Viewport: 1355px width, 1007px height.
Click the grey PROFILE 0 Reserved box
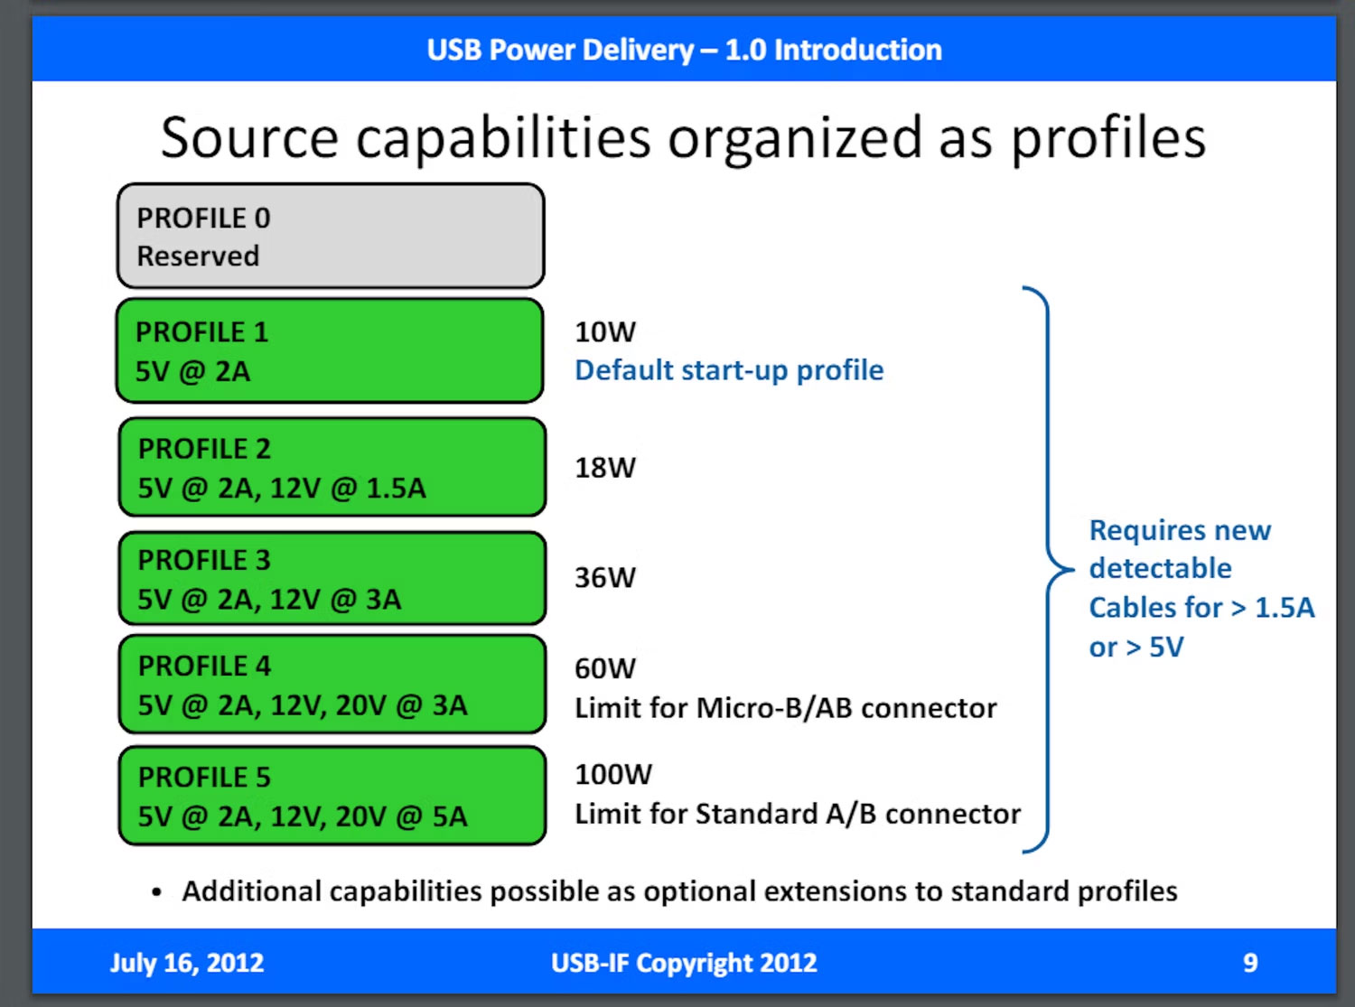click(x=331, y=237)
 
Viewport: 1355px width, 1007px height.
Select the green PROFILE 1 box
click(x=331, y=351)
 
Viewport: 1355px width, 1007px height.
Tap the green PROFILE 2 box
click(x=332, y=468)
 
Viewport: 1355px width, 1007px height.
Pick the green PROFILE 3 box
click(x=332, y=579)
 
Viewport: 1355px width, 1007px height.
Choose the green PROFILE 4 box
click(x=332, y=685)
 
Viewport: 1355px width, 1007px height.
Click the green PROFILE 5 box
click(x=332, y=796)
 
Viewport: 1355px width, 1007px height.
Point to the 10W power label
click(x=605, y=332)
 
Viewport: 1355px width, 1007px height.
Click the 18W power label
click(x=605, y=468)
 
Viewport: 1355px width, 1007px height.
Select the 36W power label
click(x=605, y=578)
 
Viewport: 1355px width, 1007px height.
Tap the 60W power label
click(x=605, y=669)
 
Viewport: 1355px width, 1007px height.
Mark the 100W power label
click(x=613, y=775)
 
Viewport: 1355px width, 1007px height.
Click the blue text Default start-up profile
click(x=729, y=370)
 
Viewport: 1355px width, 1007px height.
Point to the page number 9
click(x=1250, y=963)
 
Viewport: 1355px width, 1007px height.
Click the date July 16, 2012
click(x=187, y=963)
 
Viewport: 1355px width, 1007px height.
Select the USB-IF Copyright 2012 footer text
click(x=684, y=963)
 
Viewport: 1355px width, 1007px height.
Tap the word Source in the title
click(x=249, y=138)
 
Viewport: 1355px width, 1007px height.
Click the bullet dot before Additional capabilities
click(x=157, y=893)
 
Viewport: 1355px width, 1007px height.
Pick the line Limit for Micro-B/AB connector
click(x=786, y=708)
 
